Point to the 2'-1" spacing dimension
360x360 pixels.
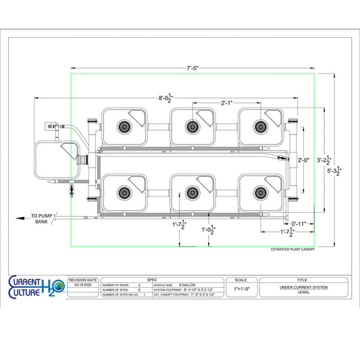tap(228, 103)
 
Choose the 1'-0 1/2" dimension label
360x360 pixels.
tap(209, 231)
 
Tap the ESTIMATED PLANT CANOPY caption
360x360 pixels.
tap(288, 249)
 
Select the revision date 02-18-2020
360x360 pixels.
tap(82, 286)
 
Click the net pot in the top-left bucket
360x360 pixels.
tap(124, 126)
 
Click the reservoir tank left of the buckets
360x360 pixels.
tap(54, 161)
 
